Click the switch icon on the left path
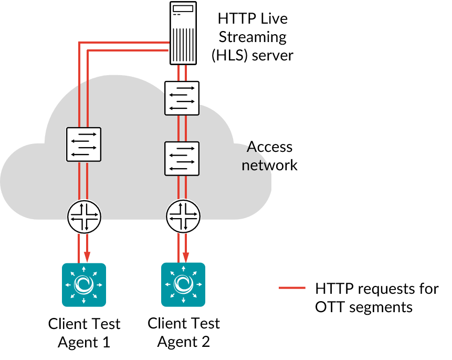tap(83, 144)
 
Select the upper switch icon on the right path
tap(182, 98)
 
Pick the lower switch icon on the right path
tap(182, 158)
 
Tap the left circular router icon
tap(84, 217)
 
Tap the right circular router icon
tap(183, 216)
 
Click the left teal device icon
tap(84, 284)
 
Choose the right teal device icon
tap(183, 284)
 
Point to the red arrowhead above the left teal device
tap(87, 257)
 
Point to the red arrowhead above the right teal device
tap(186, 257)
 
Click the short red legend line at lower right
tap(292, 287)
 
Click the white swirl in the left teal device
tap(84, 284)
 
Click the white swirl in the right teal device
tap(183, 284)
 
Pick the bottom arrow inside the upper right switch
tap(178, 108)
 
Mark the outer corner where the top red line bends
tap(79, 42)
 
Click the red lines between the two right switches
tap(182, 128)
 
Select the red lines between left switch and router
tap(83, 180)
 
